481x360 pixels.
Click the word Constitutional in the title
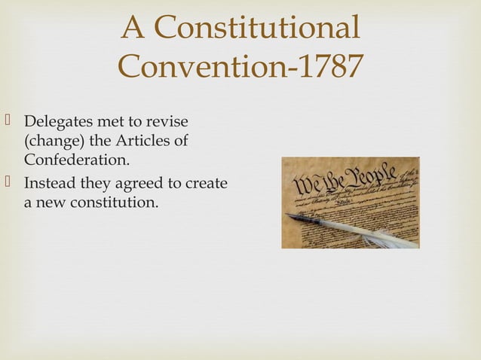[x=256, y=29]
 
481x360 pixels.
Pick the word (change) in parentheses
[x=51, y=141]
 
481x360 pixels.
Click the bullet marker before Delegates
[x=9, y=121]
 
